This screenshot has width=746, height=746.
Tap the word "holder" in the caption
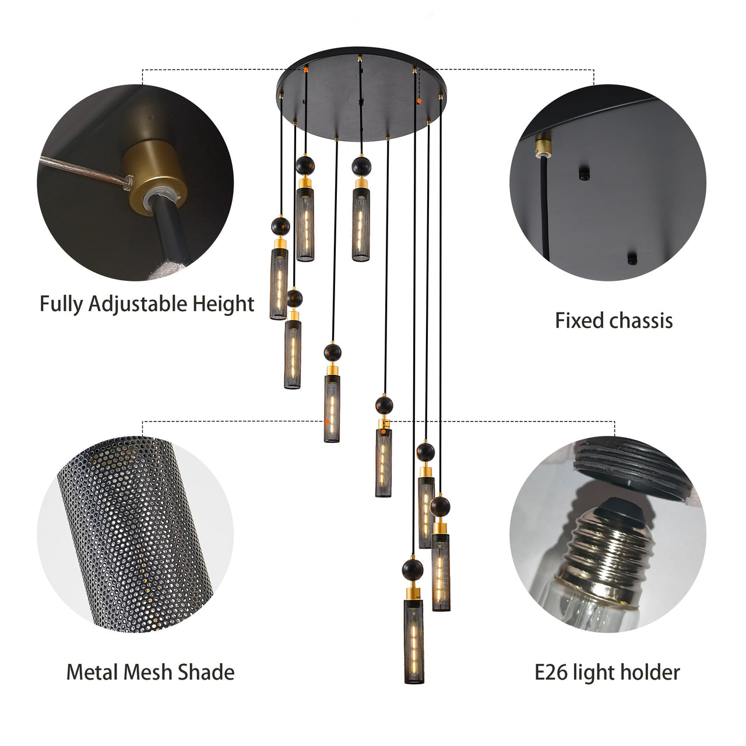651,672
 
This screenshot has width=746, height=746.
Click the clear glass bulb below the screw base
589,606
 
